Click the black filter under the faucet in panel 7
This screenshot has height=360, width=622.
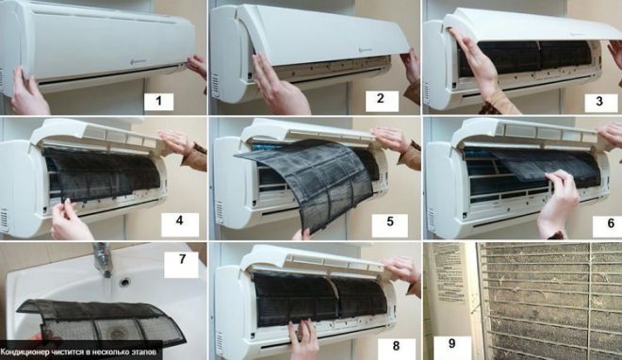(x=94, y=320)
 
